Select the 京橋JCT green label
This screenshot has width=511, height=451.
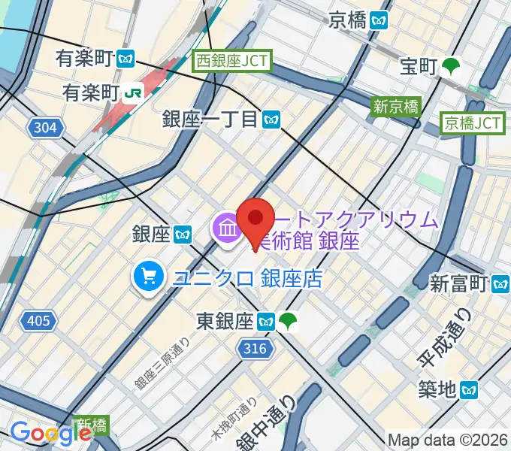tap(472, 122)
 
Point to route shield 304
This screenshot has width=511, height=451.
tap(45, 128)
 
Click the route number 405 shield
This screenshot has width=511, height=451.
tap(38, 322)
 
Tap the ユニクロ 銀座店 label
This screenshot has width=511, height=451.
tap(247, 279)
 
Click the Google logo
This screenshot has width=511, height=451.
tap(50, 434)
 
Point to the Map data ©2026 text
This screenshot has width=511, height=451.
tap(448, 440)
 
